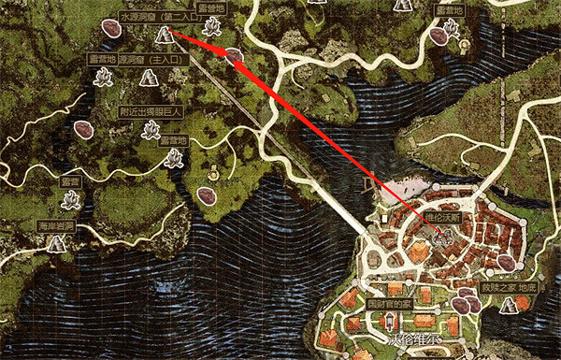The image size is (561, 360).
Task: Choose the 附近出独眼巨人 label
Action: [x=151, y=109]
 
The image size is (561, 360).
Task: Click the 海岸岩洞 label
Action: [x=55, y=224]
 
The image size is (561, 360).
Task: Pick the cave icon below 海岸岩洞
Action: [x=57, y=244]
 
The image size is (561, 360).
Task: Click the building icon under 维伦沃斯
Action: [x=439, y=236]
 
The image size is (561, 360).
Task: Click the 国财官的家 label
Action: [x=389, y=304]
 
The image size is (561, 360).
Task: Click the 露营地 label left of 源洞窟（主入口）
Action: [x=102, y=58]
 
